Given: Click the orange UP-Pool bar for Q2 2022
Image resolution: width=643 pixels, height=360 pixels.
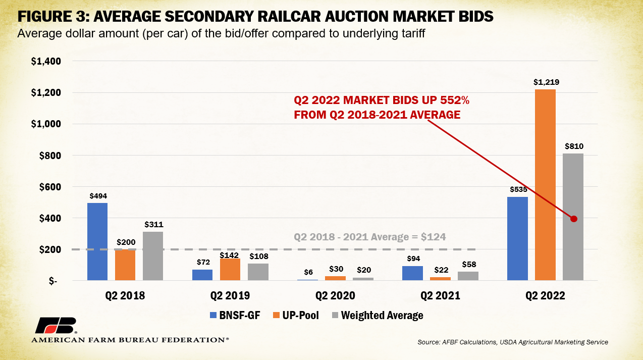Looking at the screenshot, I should click(x=545, y=185).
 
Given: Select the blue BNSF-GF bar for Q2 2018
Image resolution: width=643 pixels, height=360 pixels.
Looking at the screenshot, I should click(x=97, y=241).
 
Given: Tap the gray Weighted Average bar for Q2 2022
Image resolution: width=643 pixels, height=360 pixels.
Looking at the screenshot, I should click(x=573, y=217).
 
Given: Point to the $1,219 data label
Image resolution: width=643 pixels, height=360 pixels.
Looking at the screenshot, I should click(x=545, y=82).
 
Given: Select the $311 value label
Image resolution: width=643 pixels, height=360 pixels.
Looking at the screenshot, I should click(x=153, y=224).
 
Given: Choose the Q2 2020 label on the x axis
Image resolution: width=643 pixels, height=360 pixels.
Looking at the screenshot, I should click(x=335, y=296).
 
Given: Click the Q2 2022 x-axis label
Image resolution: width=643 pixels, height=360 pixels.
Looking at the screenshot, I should click(x=545, y=296).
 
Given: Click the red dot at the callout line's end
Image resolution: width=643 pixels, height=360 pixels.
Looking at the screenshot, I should click(x=573, y=219).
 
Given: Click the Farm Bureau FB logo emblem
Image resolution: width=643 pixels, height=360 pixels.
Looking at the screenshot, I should click(x=56, y=326).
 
